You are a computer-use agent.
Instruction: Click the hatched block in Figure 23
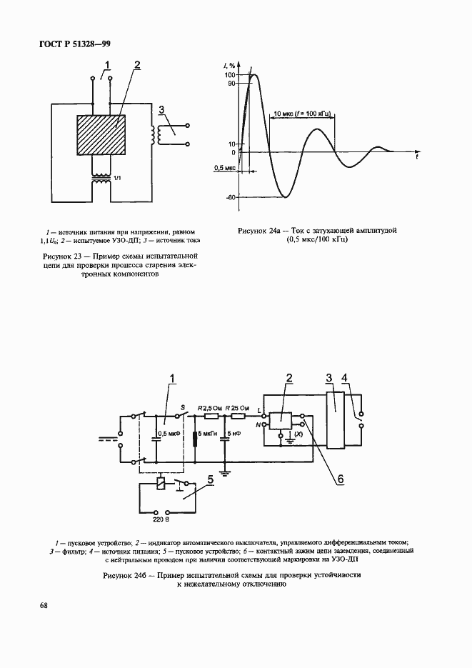[101, 136]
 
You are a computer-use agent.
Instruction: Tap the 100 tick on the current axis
[230, 75]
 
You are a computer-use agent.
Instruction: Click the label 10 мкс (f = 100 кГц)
[302, 114]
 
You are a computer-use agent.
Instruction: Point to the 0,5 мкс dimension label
[224, 168]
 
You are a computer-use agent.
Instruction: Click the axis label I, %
[229, 65]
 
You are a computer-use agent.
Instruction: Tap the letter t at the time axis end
[418, 158]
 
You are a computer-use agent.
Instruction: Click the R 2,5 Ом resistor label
[210, 408]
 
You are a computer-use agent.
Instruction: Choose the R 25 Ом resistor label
[238, 408]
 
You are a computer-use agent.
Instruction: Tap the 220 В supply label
[161, 519]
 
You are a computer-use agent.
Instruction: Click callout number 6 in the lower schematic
[341, 479]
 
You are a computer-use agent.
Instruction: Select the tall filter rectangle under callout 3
[336, 419]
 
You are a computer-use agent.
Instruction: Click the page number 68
[44, 605]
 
